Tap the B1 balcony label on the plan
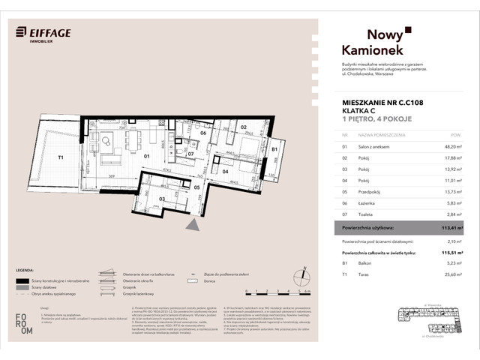point(274,150)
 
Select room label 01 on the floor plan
point(147,157)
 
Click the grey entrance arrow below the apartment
point(193,224)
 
